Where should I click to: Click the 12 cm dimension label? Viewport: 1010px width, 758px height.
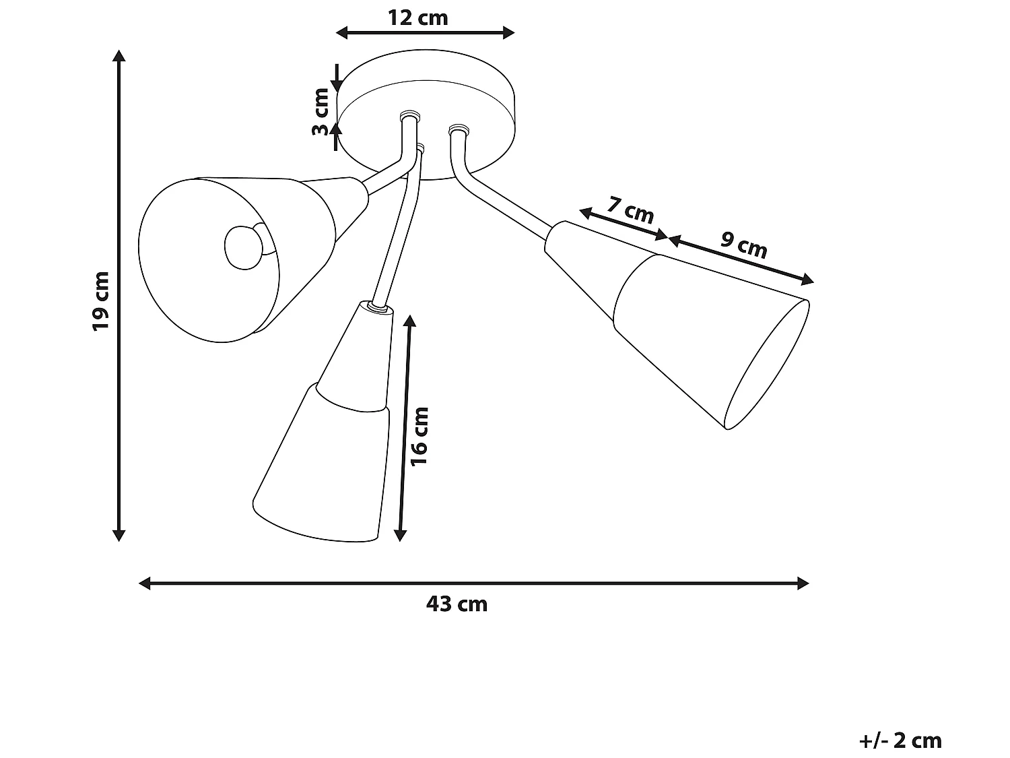click(x=417, y=18)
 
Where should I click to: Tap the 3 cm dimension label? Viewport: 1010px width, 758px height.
click(x=321, y=112)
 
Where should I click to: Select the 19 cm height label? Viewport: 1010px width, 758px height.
click(x=100, y=301)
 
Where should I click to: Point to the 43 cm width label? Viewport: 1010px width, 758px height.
click(x=457, y=604)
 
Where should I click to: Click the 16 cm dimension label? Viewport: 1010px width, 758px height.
click(x=419, y=436)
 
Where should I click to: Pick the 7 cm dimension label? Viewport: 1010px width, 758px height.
click(x=630, y=210)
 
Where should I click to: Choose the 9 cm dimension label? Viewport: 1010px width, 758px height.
click(x=744, y=245)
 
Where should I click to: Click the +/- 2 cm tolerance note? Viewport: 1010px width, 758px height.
click(x=900, y=740)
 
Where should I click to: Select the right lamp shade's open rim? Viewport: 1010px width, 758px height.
click(x=768, y=364)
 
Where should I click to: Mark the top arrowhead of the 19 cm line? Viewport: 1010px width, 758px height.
click(x=119, y=55)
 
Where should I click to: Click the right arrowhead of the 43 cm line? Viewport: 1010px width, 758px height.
click(x=803, y=583)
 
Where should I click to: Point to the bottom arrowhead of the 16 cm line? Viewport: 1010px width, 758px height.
click(x=400, y=536)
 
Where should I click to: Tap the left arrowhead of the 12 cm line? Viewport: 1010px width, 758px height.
click(x=342, y=32)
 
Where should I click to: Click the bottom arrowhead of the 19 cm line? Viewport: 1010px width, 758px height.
click(x=119, y=536)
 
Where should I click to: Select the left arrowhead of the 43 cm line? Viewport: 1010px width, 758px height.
click(x=144, y=583)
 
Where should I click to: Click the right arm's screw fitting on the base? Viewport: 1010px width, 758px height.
click(x=458, y=127)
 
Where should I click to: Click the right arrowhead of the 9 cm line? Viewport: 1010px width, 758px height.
click(x=809, y=280)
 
